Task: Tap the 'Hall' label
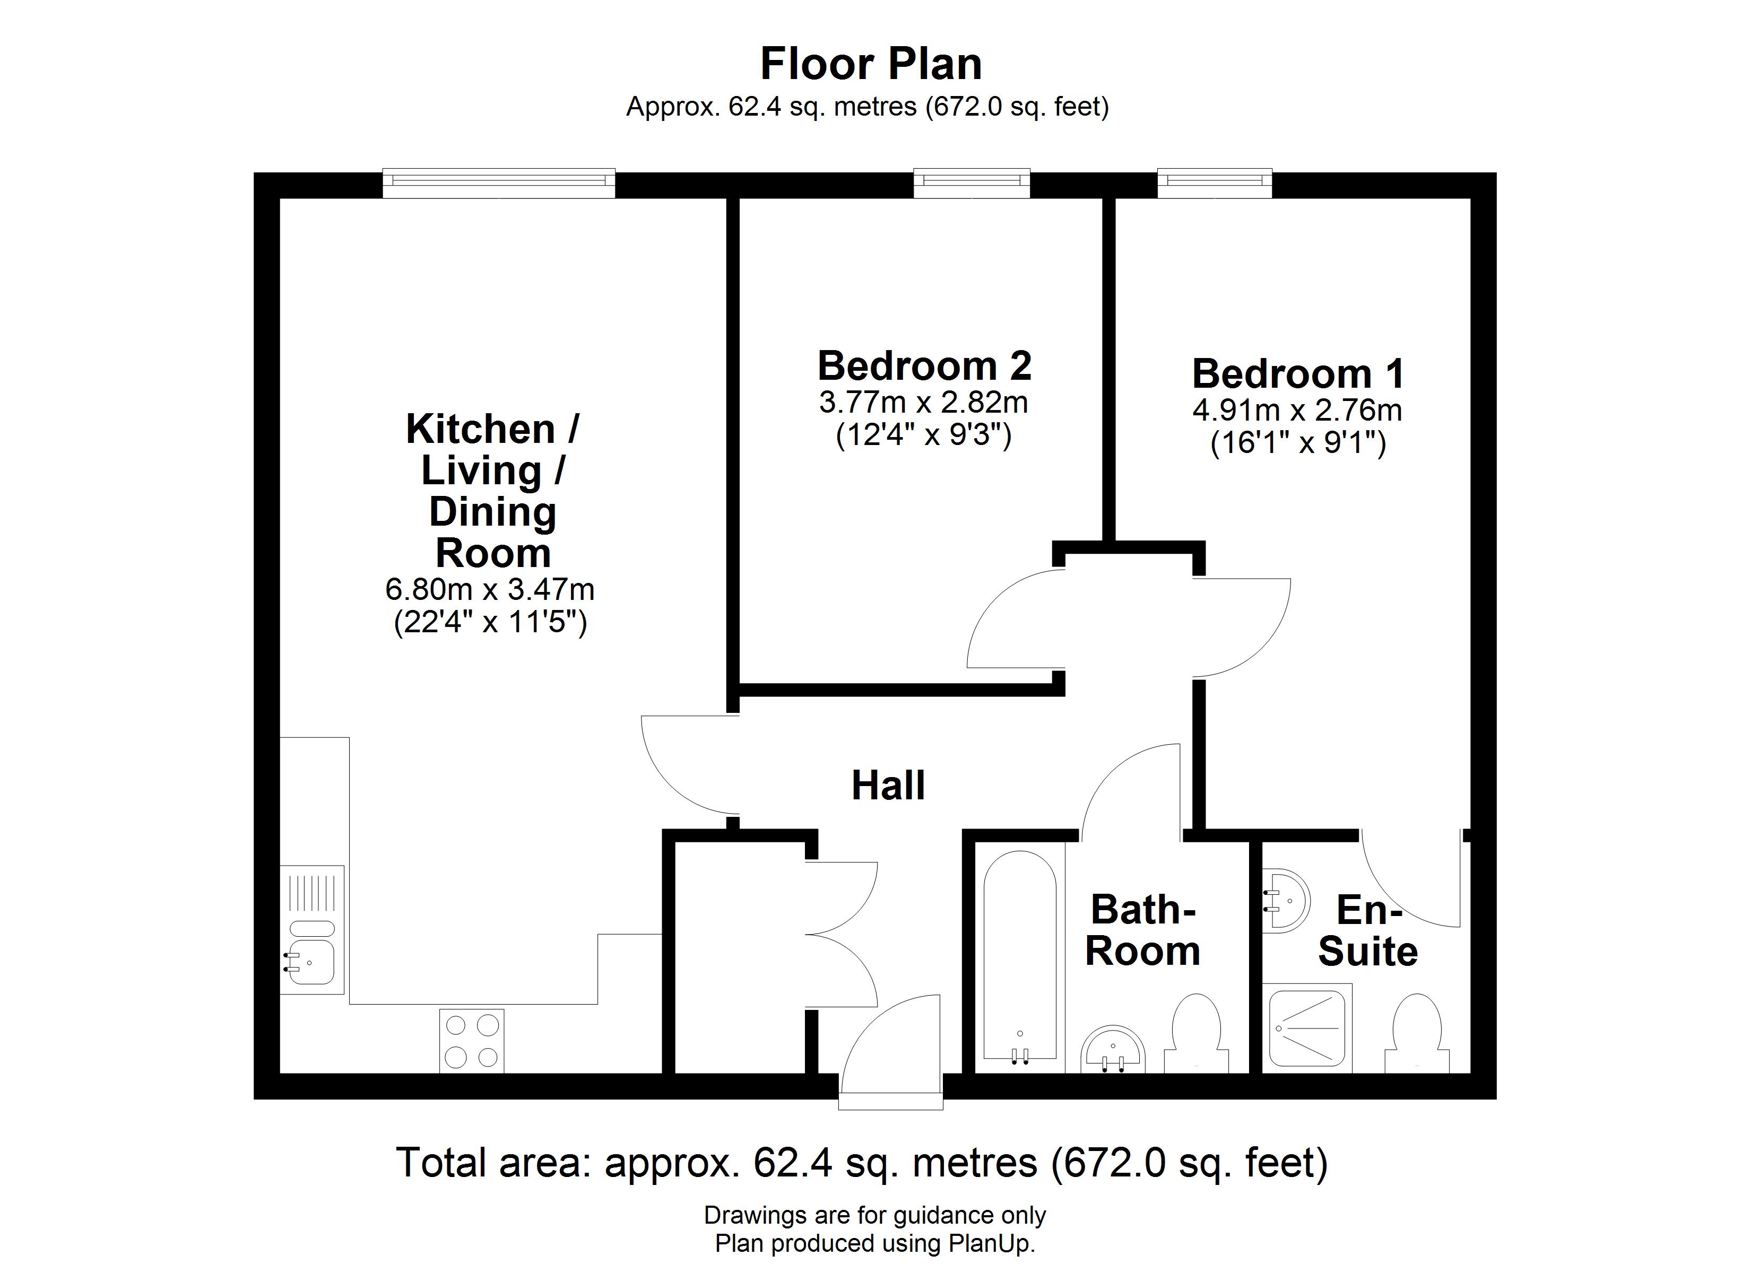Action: pos(888,786)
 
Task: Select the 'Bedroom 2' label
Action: pos(924,366)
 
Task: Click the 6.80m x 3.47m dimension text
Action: pos(489,590)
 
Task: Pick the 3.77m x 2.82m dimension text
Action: pos(923,402)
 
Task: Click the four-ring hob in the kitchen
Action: pos(472,1041)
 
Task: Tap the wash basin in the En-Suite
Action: pos(1286,901)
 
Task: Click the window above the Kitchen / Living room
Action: pos(499,182)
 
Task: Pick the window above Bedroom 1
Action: pos(1215,182)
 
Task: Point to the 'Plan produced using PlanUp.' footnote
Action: pos(875,1243)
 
